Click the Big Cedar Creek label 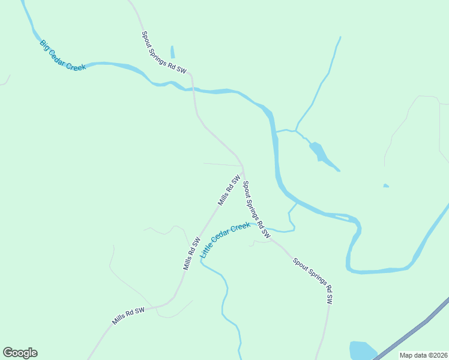[x=63, y=55]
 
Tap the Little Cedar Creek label [x=225, y=240]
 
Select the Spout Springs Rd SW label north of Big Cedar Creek [x=164, y=53]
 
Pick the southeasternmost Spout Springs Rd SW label [x=312, y=281]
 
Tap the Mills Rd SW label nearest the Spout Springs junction [x=229, y=190]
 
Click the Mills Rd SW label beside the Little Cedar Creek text [x=192, y=253]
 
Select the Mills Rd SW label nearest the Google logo [x=128, y=316]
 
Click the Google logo [x=20, y=353]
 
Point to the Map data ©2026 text [x=423, y=355]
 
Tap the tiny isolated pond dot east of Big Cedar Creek [x=385, y=185]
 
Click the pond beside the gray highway [x=362, y=350]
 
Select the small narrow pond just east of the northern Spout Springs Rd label [x=172, y=52]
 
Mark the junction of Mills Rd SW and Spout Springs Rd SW [x=243, y=169]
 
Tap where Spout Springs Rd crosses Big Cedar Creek [x=193, y=89]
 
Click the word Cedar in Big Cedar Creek [x=62, y=55]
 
